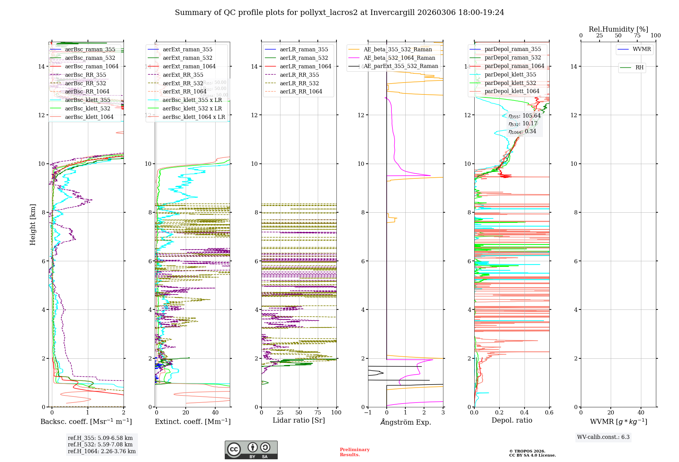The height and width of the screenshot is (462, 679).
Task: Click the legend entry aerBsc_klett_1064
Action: pos(89,117)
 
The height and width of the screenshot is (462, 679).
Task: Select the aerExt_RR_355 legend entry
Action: pos(183,75)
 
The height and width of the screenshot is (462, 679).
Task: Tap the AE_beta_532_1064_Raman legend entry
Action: pos(399,58)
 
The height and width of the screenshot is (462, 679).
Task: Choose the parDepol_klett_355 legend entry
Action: pos(510,75)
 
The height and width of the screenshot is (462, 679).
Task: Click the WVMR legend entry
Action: pos(642,49)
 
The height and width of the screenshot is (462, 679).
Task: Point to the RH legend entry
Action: pos(639,68)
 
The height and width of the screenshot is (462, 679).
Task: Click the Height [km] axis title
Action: pos(33,225)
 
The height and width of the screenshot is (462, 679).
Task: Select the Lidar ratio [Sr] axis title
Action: pos(299,420)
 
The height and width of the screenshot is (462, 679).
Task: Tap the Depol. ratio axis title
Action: pos(512,420)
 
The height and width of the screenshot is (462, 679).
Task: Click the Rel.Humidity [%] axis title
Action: pos(619,29)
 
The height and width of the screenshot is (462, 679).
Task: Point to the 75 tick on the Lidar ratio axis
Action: pos(318,412)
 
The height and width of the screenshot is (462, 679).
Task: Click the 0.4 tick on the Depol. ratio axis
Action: pos(525,412)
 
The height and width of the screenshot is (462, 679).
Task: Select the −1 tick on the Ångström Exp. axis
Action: pos(368,412)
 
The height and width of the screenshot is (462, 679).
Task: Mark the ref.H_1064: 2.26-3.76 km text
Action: pos(102,451)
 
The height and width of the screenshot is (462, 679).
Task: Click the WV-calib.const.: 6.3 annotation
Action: pos(603,437)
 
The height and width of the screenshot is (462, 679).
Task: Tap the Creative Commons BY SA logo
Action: pos(251,450)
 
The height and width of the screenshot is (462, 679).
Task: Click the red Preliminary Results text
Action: pos(354,452)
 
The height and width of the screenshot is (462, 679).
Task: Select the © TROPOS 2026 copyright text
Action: pos(527,451)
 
